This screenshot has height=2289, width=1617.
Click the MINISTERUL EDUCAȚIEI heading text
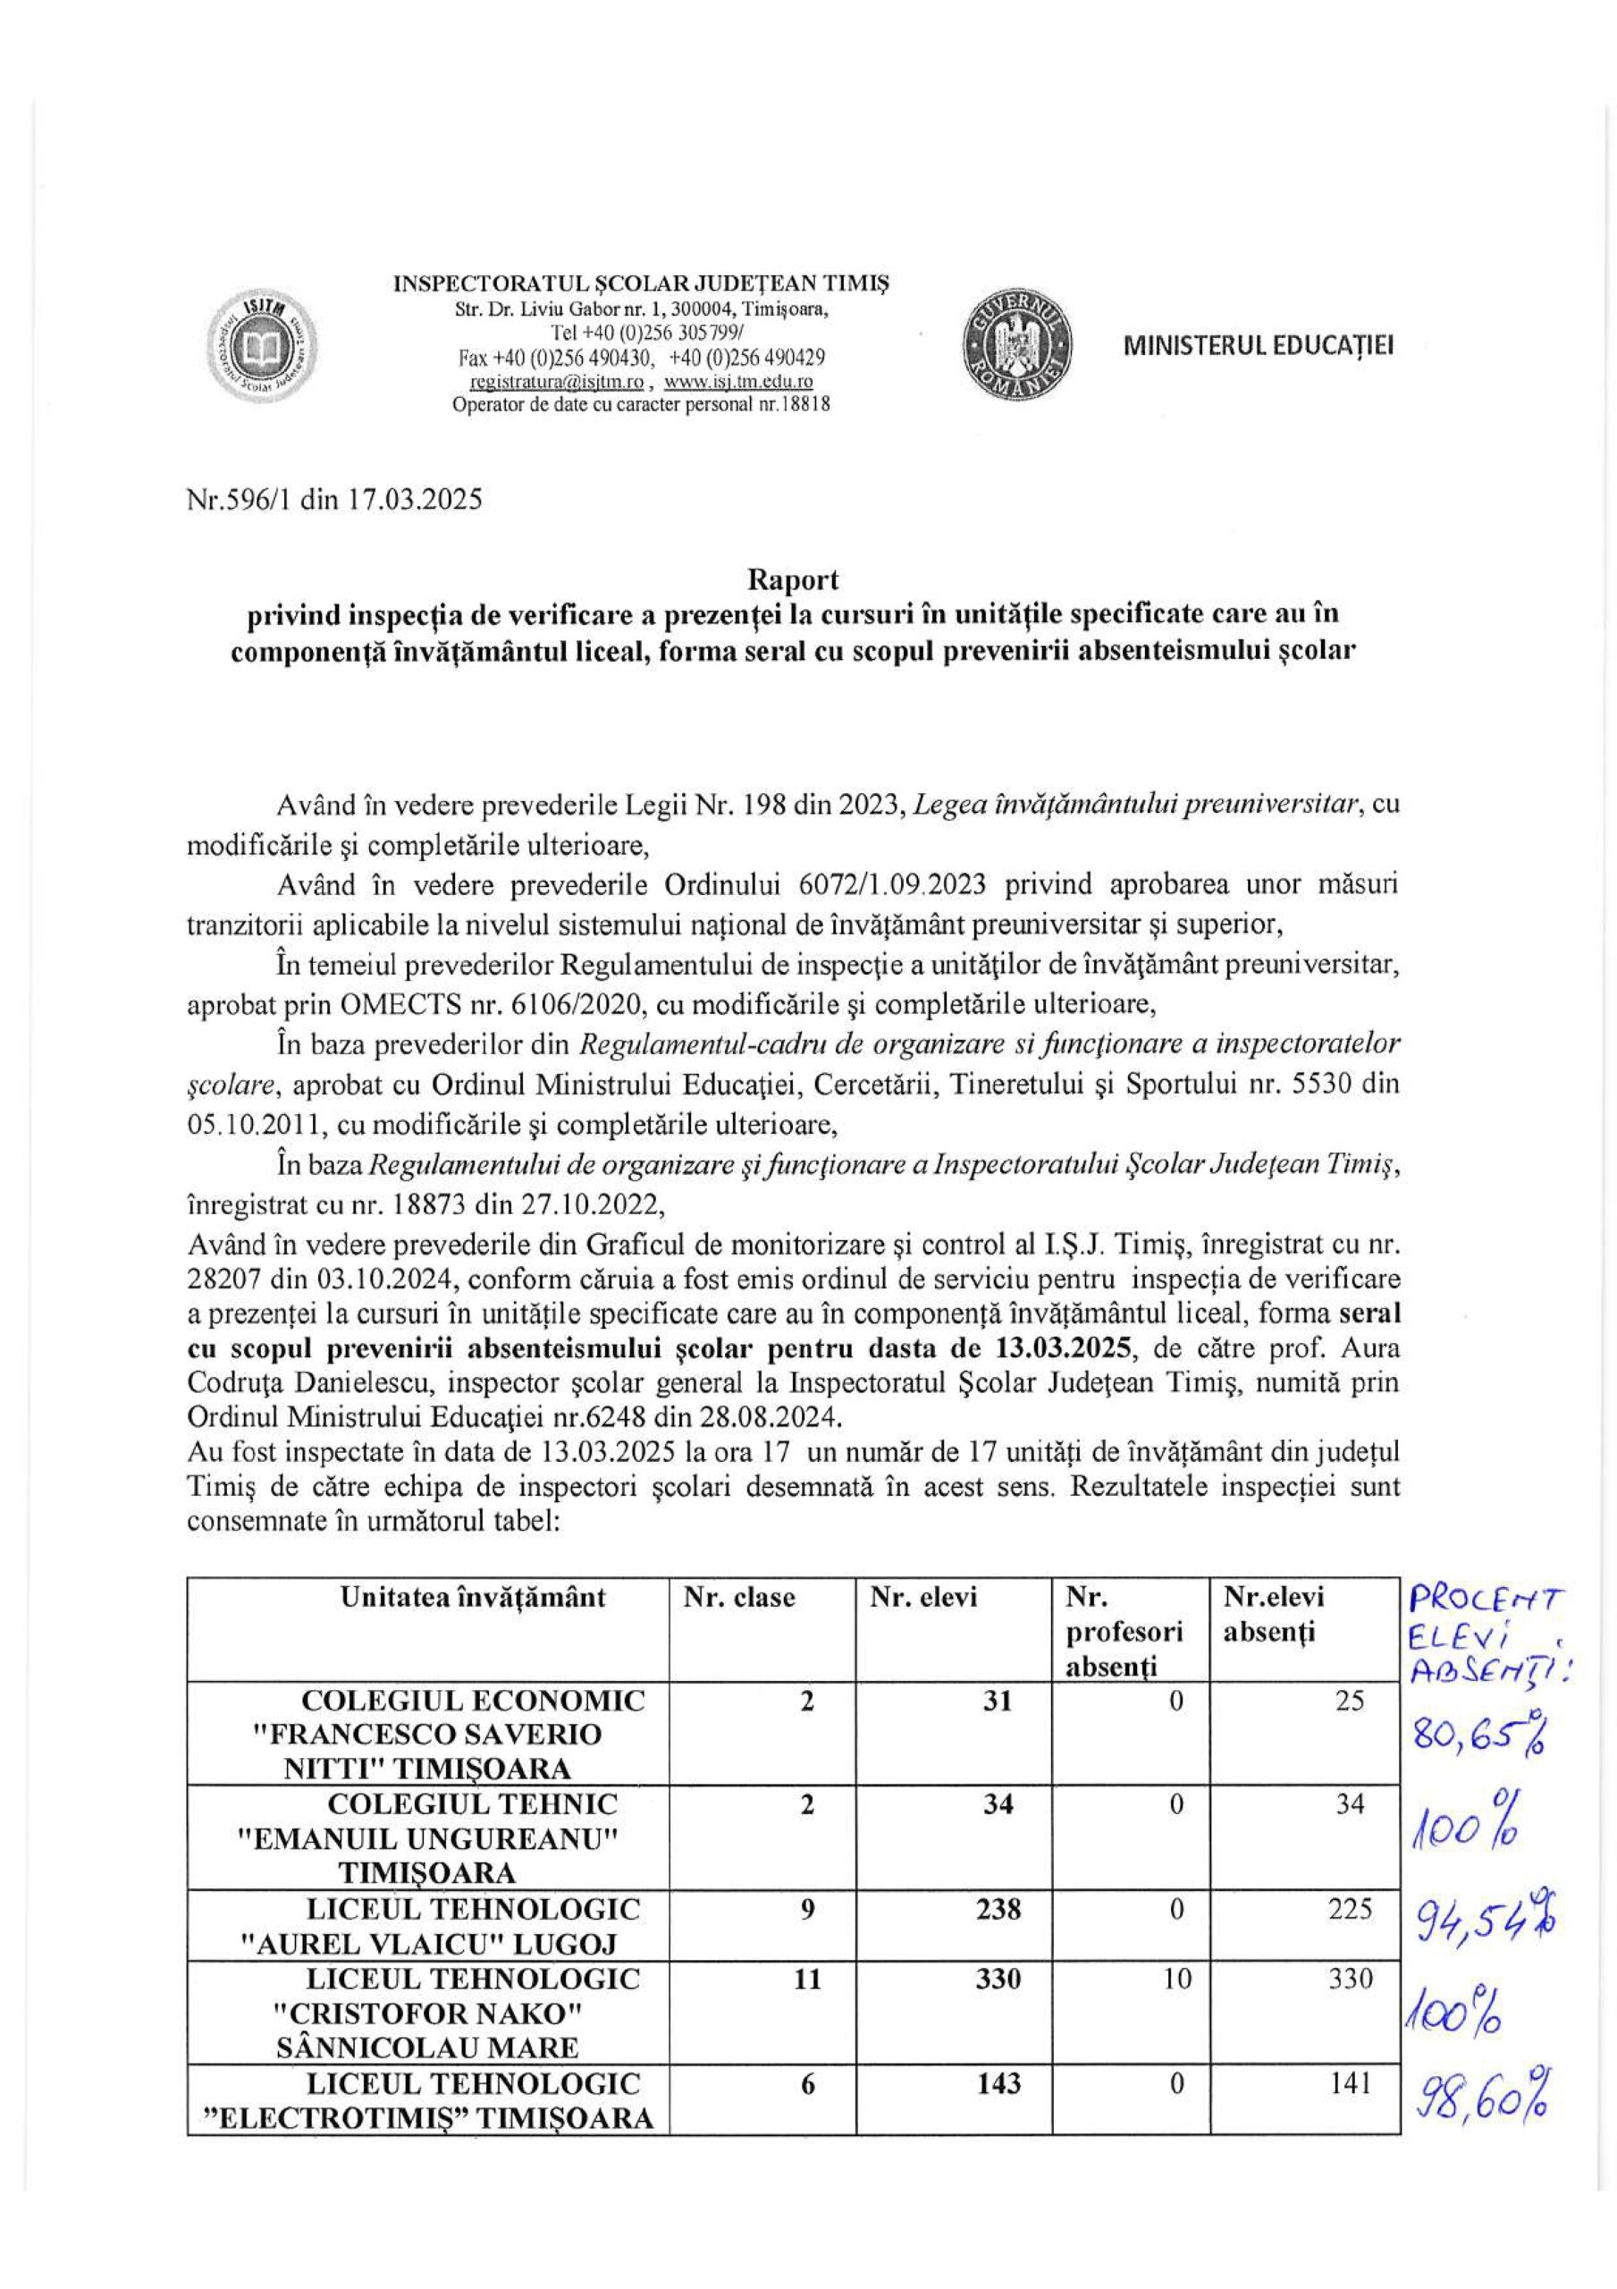[1258, 345]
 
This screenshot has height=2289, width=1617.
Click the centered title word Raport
[794, 579]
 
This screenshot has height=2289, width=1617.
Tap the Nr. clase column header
[738, 1597]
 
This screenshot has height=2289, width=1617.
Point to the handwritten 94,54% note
[1479, 1916]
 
